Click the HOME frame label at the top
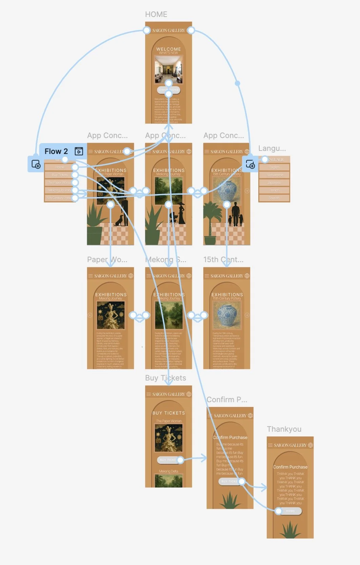click(156, 14)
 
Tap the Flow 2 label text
click(56, 151)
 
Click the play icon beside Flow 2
click(79, 151)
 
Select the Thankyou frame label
click(284, 429)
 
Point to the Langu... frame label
click(272, 148)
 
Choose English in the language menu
click(274, 167)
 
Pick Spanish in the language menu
click(274, 198)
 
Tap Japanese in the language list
click(274, 182)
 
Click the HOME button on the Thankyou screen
click(291, 511)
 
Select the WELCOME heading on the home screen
click(168, 49)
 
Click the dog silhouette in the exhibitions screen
click(119, 221)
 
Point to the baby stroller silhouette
click(174, 218)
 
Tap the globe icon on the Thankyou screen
click(310, 445)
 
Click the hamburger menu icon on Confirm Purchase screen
click(210, 415)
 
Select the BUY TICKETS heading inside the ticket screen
click(168, 413)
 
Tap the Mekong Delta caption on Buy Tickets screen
click(168, 471)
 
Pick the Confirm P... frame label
click(227, 400)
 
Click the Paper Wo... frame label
click(107, 259)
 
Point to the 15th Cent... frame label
click(223, 259)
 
